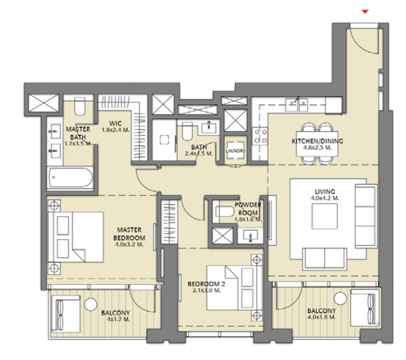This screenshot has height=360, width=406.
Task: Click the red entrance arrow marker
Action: click(365, 11)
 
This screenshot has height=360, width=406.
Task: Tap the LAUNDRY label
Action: click(235, 150)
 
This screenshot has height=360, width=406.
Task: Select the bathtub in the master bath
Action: click(70, 177)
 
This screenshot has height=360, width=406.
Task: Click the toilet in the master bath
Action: click(80, 106)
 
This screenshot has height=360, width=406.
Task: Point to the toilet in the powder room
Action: click(225, 212)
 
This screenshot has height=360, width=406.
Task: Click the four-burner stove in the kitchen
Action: click(260, 136)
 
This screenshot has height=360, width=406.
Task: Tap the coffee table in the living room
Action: click(324, 216)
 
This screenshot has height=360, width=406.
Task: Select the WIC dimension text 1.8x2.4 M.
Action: click(115, 130)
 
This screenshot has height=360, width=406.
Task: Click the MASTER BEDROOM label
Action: click(130, 234)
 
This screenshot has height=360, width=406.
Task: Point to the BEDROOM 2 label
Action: click(207, 284)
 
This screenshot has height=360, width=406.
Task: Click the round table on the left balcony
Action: click(91, 304)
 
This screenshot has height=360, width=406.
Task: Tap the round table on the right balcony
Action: click(340, 299)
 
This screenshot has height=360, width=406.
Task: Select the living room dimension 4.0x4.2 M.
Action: click(325, 198)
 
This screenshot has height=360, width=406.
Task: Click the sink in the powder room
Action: click(250, 235)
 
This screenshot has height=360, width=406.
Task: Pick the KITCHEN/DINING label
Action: click(317, 141)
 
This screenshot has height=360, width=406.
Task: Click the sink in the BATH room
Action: click(209, 127)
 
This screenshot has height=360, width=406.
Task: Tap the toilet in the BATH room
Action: click(187, 132)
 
